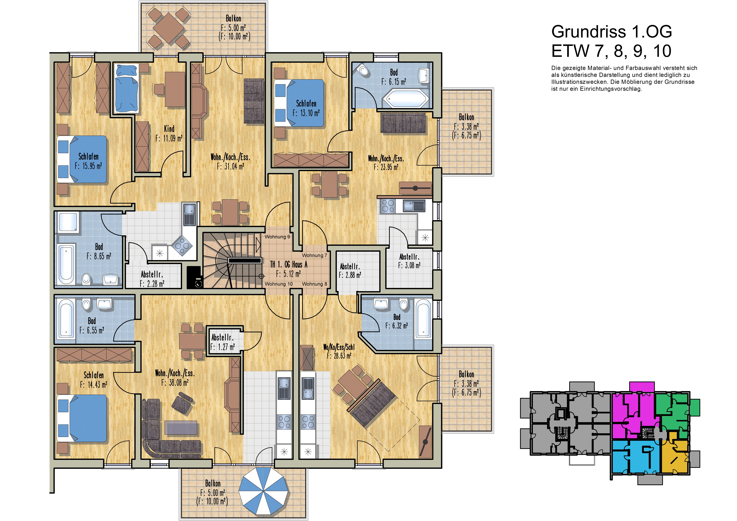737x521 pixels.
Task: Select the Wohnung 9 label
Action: [x=277, y=237]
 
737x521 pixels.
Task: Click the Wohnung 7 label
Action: [x=315, y=256]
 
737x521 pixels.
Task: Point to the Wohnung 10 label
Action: [x=279, y=284]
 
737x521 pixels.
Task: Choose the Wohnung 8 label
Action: [x=315, y=284]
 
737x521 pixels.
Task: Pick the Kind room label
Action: [x=169, y=129]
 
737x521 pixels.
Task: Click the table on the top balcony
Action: [x=169, y=28]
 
